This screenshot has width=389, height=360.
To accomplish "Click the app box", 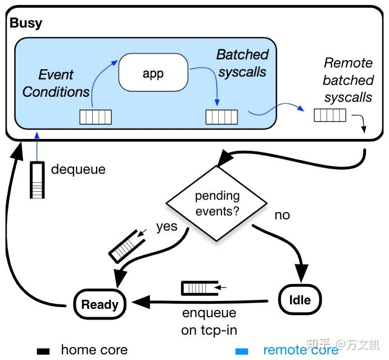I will tap(153, 73).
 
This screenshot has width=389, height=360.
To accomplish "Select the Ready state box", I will tap(99, 305).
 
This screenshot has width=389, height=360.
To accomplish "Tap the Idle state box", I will tap(300, 299).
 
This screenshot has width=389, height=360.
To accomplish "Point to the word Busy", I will tap(26, 24).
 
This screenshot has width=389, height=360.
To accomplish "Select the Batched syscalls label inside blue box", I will tap(242, 64).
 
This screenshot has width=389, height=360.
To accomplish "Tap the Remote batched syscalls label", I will tap(348, 80).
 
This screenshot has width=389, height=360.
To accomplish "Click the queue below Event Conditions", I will tap(95, 117).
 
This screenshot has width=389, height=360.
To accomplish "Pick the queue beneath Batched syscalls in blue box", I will tap(221, 117).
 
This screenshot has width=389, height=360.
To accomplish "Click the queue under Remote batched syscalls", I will tap(329, 115).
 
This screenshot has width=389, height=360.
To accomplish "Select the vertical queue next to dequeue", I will tap(37, 179).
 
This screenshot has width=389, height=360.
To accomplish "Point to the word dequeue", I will tap(78, 169).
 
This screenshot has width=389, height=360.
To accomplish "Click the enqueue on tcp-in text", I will tap(209, 321).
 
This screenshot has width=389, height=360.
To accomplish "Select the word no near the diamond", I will tap(282, 215).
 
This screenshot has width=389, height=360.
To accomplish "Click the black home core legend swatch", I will tap(43, 351).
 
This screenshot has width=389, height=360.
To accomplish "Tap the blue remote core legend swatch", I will tap(242, 351).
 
